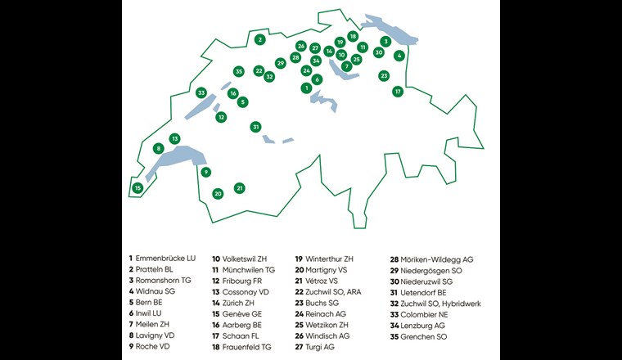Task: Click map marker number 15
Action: point(137,188)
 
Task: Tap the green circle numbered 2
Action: point(259,39)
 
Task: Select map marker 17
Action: point(398,92)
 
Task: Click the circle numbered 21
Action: point(240,188)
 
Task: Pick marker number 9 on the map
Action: point(206,172)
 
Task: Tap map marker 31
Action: point(256,127)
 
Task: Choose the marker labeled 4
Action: point(399,56)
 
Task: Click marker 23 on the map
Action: point(384,76)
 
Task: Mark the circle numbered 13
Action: point(174,138)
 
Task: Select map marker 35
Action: point(239,72)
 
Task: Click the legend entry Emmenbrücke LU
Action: point(167,259)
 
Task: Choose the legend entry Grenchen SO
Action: point(423,335)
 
